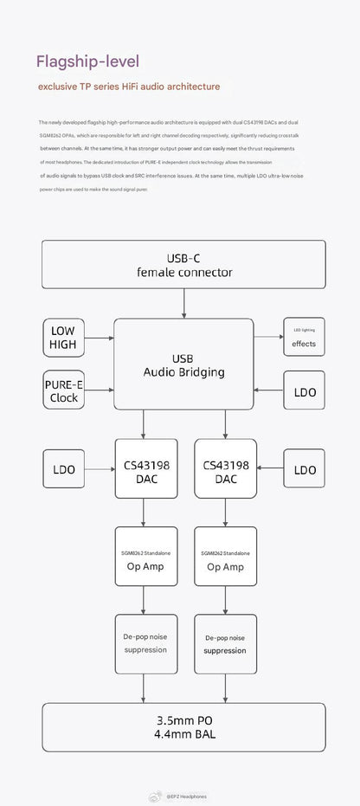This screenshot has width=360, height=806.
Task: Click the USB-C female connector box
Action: tap(184, 264)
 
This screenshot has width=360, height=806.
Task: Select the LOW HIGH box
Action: tap(62, 337)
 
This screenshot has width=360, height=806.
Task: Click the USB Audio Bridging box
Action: tap(184, 364)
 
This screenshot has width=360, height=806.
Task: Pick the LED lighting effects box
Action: tap(304, 337)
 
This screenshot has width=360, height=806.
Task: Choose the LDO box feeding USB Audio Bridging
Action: tap(304, 391)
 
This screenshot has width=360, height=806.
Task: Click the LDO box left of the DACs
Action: tap(62, 469)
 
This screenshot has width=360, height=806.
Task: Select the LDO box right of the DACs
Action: tap(304, 469)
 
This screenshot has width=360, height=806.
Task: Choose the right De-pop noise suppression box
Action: tap(225, 643)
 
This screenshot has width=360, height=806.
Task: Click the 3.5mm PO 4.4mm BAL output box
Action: tap(184, 727)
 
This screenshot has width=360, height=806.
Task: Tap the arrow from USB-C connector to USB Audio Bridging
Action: tap(184, 303)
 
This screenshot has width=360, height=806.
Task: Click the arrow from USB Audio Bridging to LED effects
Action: tap(268, 337)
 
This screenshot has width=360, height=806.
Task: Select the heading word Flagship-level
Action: tap(87, 62)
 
